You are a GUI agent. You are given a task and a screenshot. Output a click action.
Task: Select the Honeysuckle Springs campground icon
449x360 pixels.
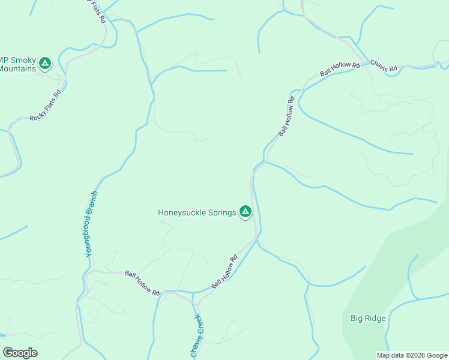(x=245, y=211)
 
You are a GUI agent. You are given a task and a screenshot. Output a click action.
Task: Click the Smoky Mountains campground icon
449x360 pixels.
(x=44, y=62)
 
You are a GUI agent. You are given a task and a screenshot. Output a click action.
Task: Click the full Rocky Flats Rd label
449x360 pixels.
(x=46, y=106)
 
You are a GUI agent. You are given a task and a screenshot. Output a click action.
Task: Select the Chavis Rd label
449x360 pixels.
(x=384, y=66)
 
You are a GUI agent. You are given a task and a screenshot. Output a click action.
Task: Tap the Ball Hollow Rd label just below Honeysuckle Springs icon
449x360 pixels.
(x=224, y=271)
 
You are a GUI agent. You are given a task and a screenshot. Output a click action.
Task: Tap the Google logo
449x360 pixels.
(x=20, y=353)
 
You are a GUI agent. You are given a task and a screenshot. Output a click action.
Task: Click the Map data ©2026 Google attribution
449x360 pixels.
(x=412, y=355)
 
